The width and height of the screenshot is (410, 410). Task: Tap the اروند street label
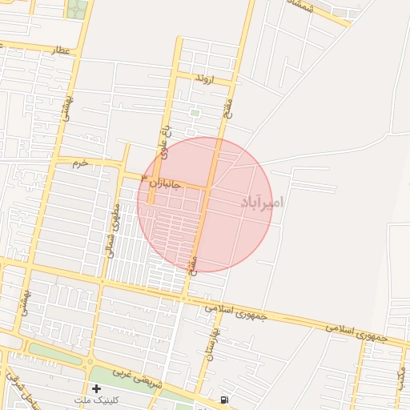(205, 79)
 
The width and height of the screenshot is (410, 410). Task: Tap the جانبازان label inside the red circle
(167, 184)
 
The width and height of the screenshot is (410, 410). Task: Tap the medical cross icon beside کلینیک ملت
(96, 388)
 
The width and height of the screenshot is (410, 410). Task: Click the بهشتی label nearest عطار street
(68, 104)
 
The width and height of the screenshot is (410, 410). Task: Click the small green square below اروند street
(195, 113)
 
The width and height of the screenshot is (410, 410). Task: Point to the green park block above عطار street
(78, 10)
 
